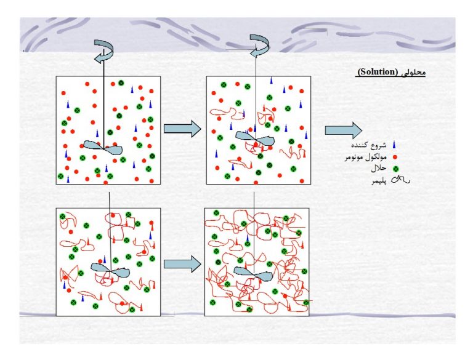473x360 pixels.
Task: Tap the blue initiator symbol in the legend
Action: pos(394,145)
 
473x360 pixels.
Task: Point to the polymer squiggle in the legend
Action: pos(400,180)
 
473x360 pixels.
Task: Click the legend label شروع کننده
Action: pos(369,145)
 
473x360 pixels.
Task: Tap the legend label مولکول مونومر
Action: pos(366,157)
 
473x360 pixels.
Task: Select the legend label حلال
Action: pos(379,169)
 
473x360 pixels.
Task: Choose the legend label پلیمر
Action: pos(379,182)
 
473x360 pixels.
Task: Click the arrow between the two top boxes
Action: pos(182,129)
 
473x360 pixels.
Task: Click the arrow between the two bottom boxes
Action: pos(182,264)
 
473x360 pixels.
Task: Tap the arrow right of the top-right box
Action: pos(344,130)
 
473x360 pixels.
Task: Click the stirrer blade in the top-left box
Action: pos(103,148)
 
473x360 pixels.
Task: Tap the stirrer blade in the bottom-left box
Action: pos(110,270)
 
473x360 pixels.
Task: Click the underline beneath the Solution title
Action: pos(390,76)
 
